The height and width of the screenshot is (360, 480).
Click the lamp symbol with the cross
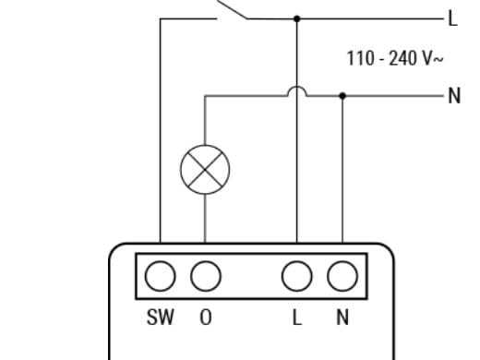(205, 170)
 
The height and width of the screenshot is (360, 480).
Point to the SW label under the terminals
(161, 317)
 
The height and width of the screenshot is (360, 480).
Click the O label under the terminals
(206, 317)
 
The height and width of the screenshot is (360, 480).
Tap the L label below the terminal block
(297, 317)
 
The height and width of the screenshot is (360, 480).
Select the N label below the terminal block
(342, 317)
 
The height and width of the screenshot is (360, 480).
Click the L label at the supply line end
(453, 18)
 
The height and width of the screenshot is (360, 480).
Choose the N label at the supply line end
(454, 96)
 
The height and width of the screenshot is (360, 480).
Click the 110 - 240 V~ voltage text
(395, 58)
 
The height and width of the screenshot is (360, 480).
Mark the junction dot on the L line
(297, 18)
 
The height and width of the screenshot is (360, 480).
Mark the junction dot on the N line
(342, 96)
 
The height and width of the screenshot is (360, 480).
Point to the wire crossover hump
(297, 87)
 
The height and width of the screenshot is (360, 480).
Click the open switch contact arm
(232, 9)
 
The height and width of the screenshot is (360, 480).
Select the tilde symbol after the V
(438, 59)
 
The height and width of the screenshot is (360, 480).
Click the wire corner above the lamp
(205, 96)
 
